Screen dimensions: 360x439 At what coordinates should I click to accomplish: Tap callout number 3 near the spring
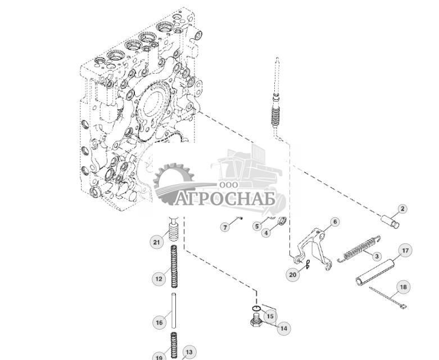pos(377,256)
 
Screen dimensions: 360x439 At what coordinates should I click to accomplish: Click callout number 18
pos(403,287)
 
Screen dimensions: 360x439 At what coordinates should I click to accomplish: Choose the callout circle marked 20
pos(292,275)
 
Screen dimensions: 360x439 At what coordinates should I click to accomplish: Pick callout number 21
pos(157,243)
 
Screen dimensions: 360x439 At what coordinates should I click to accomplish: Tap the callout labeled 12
pos(159,278)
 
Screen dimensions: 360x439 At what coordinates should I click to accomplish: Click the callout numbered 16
pos(159,322)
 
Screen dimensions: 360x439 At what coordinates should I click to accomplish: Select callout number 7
pos(225,227)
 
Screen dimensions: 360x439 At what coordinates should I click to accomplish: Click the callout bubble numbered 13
pos(189,352)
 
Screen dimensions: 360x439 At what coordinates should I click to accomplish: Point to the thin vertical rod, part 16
pos(174,314)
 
